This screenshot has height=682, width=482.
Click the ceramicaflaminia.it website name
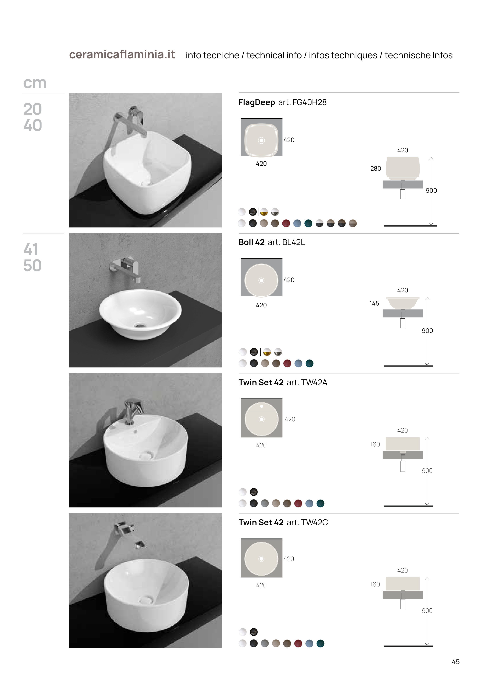coord(122,55)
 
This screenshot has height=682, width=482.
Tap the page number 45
coord(456,662)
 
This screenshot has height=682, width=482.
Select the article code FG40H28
coord(309,103)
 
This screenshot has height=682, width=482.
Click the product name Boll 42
coord(252,242)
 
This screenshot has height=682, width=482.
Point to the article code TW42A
coord(314,382)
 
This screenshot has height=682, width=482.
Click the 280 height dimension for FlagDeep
coord(376,168)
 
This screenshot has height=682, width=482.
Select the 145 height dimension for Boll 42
coord(374,303)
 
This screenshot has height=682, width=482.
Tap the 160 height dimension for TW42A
coord(375,444)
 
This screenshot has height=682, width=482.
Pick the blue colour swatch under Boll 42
coord(298,363)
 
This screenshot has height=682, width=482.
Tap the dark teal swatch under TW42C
coord(320,643)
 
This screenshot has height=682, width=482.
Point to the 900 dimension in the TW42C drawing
coord(427,611)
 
